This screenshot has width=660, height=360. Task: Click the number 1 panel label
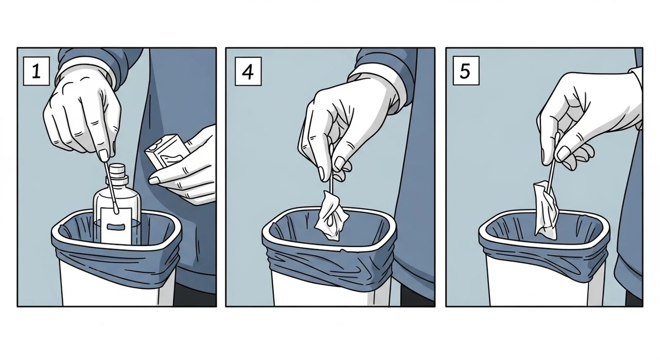(36, 72)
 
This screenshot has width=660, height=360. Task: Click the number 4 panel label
(248, 72)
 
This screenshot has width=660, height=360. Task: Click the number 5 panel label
(465, 72)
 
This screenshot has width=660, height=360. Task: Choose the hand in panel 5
(583, 119)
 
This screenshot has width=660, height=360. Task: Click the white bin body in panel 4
(330, 289)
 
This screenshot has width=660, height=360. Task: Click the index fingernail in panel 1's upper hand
(105, 155)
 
